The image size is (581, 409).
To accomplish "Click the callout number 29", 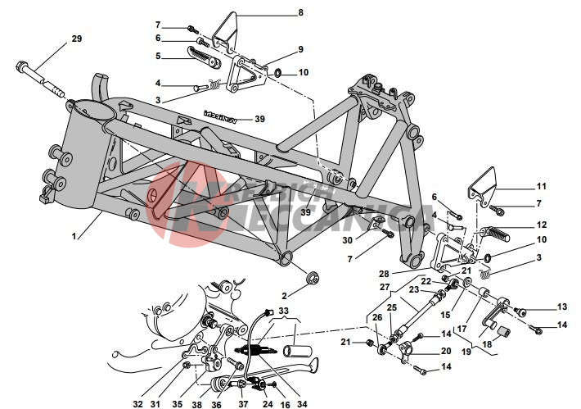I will pos(77,39).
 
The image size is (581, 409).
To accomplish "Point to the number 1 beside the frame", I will pos(74,236).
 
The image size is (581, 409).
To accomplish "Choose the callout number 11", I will pos(541,186).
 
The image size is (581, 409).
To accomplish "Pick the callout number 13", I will pos(561,307).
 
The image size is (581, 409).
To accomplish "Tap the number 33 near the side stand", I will pos(283,311).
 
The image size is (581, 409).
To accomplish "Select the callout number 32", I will pos(137,403).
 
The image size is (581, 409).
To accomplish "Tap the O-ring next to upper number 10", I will pos(277,74).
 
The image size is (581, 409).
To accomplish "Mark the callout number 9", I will pos(300,49).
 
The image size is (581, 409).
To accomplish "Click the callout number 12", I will pos(541,224).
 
